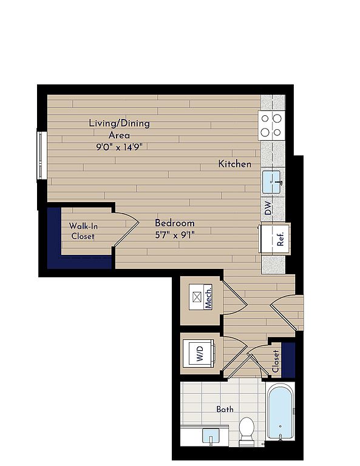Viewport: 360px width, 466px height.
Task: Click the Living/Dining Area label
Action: (119, 129)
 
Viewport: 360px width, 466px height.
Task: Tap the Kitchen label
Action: (234, 164)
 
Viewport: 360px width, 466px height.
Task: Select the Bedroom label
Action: (175, 223)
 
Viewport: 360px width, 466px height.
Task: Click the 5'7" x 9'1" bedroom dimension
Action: (175, 235)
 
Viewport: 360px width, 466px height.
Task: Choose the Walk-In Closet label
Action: (83, 231)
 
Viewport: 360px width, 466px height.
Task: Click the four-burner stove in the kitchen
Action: (271, 125)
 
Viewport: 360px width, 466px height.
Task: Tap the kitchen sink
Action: (272, 182)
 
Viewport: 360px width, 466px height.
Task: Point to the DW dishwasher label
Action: (268, 208)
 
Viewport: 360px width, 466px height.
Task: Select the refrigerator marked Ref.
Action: (274, 238)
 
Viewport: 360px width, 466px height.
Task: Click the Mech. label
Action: (208, 297)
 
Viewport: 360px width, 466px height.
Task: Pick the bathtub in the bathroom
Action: (280, 411)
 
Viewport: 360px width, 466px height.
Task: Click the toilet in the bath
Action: (246, 431)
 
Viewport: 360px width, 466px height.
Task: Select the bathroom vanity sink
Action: (211, 436)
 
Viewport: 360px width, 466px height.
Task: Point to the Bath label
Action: (225, 409)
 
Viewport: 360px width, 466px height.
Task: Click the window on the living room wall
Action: (42, 155)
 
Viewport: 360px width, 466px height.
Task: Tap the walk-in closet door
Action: (126, 229)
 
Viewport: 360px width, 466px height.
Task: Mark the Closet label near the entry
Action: (276, 361)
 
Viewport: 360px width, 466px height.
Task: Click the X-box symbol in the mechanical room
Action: (197, 297)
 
